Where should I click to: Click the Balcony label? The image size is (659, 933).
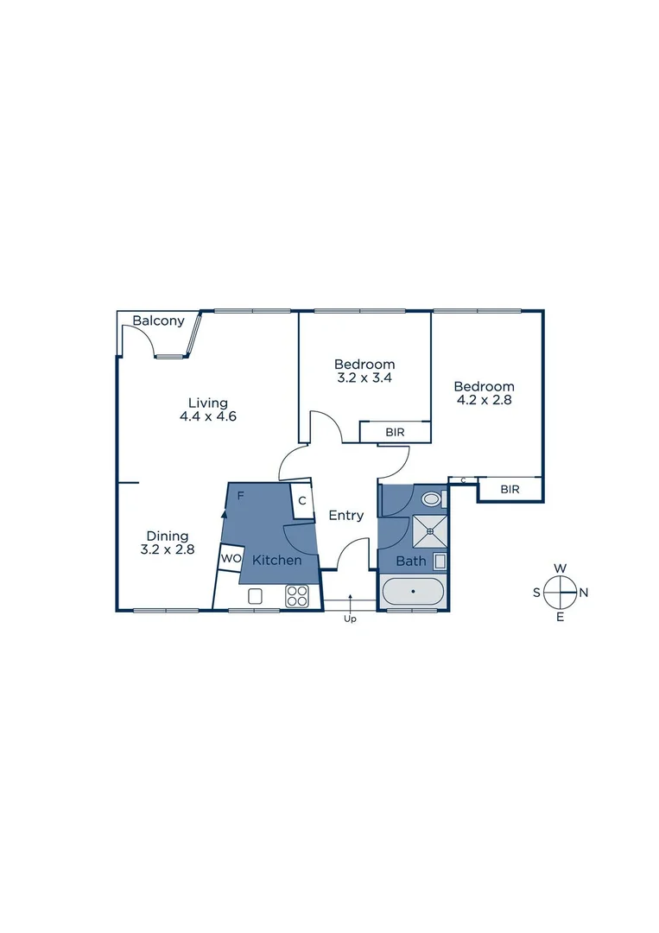[158, 321]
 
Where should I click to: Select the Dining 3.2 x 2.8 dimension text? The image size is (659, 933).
[167, 549]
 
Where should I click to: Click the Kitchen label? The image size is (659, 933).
[277, 560]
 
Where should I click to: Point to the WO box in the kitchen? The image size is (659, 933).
[231, 558]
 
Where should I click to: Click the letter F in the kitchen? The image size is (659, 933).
[241, 496]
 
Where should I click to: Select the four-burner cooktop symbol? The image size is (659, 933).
[297, 595]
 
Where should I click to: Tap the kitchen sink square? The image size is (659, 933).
[255, 595]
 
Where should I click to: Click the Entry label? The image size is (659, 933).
[345, 516]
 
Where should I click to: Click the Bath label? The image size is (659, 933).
[411, 562]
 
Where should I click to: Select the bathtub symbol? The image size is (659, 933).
[413, 592]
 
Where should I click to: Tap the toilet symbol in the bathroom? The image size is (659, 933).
[431, 498]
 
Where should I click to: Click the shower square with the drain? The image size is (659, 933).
[429, 531]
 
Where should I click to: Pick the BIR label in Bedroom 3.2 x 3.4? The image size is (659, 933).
[395, 432]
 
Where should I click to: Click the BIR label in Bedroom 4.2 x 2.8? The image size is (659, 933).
[510, 489]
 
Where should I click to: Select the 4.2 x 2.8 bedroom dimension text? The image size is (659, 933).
[485, 400]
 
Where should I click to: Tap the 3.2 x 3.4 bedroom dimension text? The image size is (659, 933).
[364, 378]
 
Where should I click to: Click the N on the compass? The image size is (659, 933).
[584, 593]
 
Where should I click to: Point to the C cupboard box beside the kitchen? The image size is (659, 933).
[302, 500]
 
